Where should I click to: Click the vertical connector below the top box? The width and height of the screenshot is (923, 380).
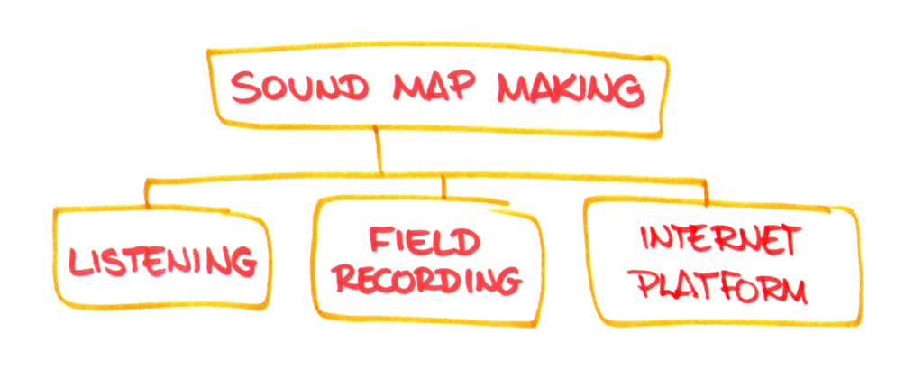pos(379,152)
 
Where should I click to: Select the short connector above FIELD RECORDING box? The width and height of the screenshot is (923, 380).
pos(443,187)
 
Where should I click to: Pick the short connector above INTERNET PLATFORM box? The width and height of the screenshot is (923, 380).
pos(706,190)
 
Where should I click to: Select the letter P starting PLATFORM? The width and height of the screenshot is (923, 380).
pos(645,287)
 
